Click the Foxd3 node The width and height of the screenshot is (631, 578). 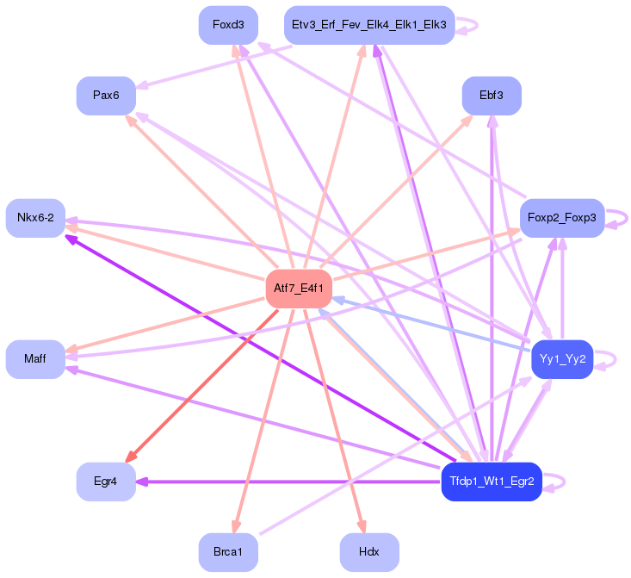point(228,25)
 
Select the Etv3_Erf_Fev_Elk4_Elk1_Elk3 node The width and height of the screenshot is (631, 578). point(368,25)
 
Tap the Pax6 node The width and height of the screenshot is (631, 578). point(106,95)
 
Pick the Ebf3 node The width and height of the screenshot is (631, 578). point(491,95)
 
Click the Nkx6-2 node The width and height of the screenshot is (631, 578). point(35,218)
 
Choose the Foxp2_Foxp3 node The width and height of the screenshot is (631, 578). point(561,218)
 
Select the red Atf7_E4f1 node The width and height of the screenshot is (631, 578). point(298,289)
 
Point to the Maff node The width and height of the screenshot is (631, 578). point(35,358)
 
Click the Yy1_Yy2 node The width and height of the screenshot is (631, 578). point(562,358)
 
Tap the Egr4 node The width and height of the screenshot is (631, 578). point(106,482)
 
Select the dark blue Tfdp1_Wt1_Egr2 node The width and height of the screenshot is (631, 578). point(491,482)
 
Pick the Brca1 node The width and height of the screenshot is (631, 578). point(228,551)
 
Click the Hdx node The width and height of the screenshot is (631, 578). point(369,551)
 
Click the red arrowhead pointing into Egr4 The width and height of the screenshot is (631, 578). point(131,457)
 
